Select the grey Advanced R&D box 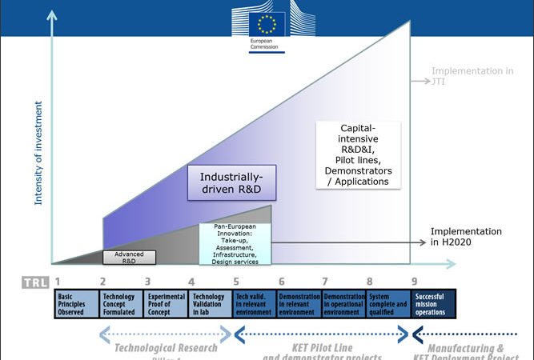(135, 256)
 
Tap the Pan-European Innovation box (235, 244)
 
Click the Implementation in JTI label (472, 76)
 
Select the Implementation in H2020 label (467, 236)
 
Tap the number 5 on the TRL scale (236, 282)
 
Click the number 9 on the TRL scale (414, 282)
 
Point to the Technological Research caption (166, 348)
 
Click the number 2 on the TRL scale (102, 282)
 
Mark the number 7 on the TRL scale (325, 282)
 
